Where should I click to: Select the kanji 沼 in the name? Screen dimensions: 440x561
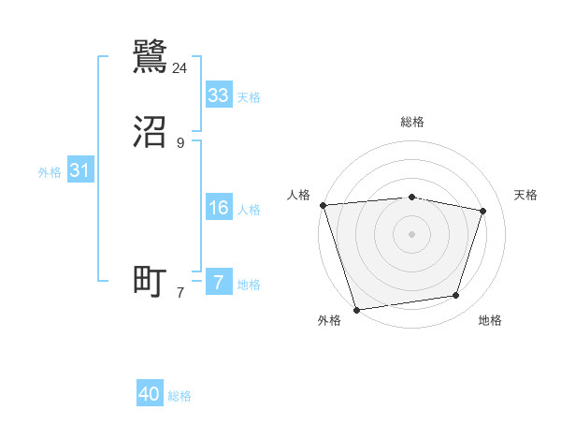point(151,133)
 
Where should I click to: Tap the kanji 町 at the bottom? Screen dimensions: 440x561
point(151,281)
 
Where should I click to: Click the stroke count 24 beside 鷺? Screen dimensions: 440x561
point(180,68)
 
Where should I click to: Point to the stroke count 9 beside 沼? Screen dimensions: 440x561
point(180,142)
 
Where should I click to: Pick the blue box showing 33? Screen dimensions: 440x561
point(219,95)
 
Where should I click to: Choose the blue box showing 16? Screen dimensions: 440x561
point(219,208)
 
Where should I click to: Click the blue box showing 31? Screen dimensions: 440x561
point(79,170)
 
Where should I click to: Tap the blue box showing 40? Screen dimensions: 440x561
point(150,394)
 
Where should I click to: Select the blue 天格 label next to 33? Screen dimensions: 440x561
point(249,97)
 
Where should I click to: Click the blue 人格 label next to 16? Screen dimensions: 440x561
point(249,210)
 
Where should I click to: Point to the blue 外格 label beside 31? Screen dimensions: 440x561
point(50,172)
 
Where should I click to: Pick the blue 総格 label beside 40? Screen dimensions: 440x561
point(180,396)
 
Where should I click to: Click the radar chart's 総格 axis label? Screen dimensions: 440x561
point(411,122)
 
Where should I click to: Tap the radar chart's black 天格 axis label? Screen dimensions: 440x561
point(525,195)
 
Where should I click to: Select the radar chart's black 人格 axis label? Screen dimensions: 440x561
point(298,195)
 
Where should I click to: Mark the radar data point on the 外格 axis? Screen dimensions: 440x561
point(356,309)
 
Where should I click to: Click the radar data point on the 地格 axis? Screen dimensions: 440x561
point(456,296)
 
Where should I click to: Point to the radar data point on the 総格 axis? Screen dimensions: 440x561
point(411,197)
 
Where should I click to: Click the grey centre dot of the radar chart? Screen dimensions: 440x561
point(411,233)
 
